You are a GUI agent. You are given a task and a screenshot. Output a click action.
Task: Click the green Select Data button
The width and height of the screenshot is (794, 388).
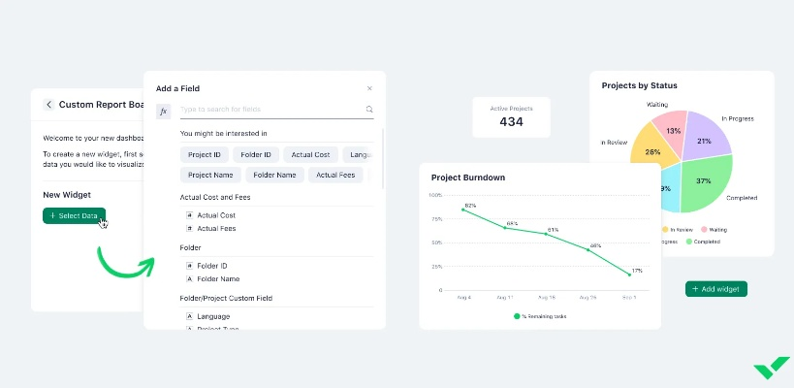[74, 215]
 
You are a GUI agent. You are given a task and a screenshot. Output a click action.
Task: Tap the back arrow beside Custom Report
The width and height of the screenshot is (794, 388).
[49, 105]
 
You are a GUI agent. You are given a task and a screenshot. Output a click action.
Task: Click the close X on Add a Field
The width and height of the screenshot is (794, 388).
[369, 88]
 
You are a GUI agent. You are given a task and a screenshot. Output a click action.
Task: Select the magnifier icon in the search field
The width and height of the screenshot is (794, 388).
[369, 110]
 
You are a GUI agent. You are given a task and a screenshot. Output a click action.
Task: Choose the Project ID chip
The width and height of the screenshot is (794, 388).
[205, 154]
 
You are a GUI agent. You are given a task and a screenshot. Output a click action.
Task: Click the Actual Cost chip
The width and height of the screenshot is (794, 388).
[310, 154]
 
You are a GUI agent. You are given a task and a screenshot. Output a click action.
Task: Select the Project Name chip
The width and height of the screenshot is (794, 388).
[209, 175]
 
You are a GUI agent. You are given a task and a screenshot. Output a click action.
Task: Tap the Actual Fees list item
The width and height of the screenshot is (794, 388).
[216, 228]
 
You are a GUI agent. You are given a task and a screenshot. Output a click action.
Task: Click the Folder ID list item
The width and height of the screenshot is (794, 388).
[211, 265]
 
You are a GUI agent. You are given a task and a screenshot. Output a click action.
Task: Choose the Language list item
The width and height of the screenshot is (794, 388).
[213, 316]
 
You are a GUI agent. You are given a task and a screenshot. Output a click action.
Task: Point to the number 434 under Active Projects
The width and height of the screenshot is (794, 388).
[511, 122]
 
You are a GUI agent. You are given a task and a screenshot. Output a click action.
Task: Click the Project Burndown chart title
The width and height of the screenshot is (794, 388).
[468, 178]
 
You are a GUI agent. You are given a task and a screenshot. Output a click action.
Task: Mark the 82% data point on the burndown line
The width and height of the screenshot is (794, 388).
[463, 210]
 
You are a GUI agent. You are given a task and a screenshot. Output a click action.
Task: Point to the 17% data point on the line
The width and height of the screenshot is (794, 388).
[628, 275]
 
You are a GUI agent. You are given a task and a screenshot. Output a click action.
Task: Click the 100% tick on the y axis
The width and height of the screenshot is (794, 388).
[435, 195]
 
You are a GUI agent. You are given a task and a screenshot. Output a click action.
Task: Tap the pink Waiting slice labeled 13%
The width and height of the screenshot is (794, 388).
[668, 127]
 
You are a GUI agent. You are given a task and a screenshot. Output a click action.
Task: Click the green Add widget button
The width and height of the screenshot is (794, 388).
[716, 289]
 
